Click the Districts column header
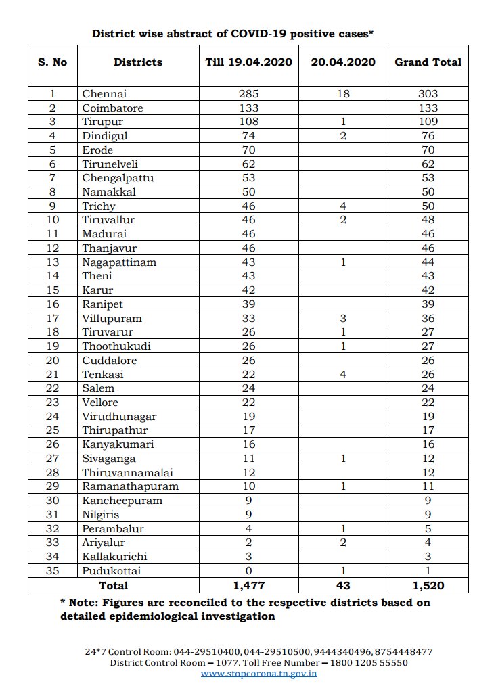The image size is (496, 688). [x=137, y=62]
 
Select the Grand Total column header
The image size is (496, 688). [x=428, y=62]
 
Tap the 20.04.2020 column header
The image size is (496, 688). [x=343, y=62]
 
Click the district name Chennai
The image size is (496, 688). [x=104, y=94]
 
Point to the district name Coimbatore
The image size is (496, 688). [x=112, y=108]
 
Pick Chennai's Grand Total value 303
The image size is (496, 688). [x=428, y=94]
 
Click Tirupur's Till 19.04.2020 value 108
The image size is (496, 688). [x=248, y=122]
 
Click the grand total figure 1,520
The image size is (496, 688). [x=428, y=584]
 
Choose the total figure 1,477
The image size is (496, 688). [x=248, y=584]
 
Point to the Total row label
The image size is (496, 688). [x=113, y=584]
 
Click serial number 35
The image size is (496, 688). [x=52, y=570]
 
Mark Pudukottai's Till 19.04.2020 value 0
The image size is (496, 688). [x=248, y=570]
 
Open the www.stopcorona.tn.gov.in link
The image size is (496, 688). [x=259, y=674]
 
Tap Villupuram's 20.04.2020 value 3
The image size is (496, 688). [x=343, y=318]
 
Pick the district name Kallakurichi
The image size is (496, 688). [x=114, y=556]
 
